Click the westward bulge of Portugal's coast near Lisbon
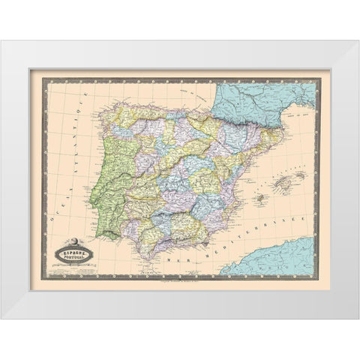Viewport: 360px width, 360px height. [91, 200]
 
